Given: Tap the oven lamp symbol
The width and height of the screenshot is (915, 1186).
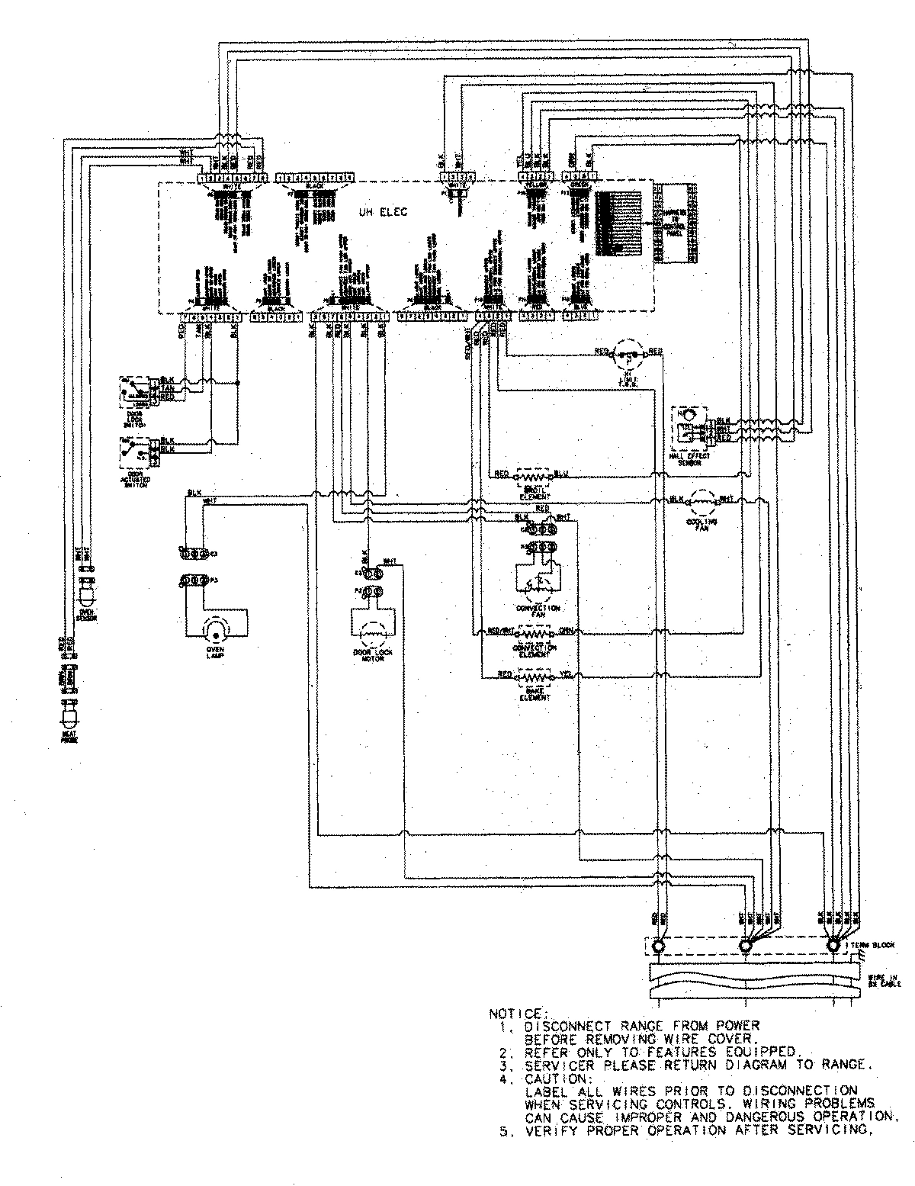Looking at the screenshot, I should pos(215,630).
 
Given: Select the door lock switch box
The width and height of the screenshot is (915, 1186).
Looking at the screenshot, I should pos(134,388).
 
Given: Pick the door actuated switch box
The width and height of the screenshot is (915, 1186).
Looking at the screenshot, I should pos(134,452).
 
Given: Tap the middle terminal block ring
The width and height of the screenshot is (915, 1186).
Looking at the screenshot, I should pos(746,946).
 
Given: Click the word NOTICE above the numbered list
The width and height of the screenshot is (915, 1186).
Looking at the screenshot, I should pos(516,1014).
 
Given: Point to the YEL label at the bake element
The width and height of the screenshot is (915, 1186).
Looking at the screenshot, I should pos(564,674).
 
